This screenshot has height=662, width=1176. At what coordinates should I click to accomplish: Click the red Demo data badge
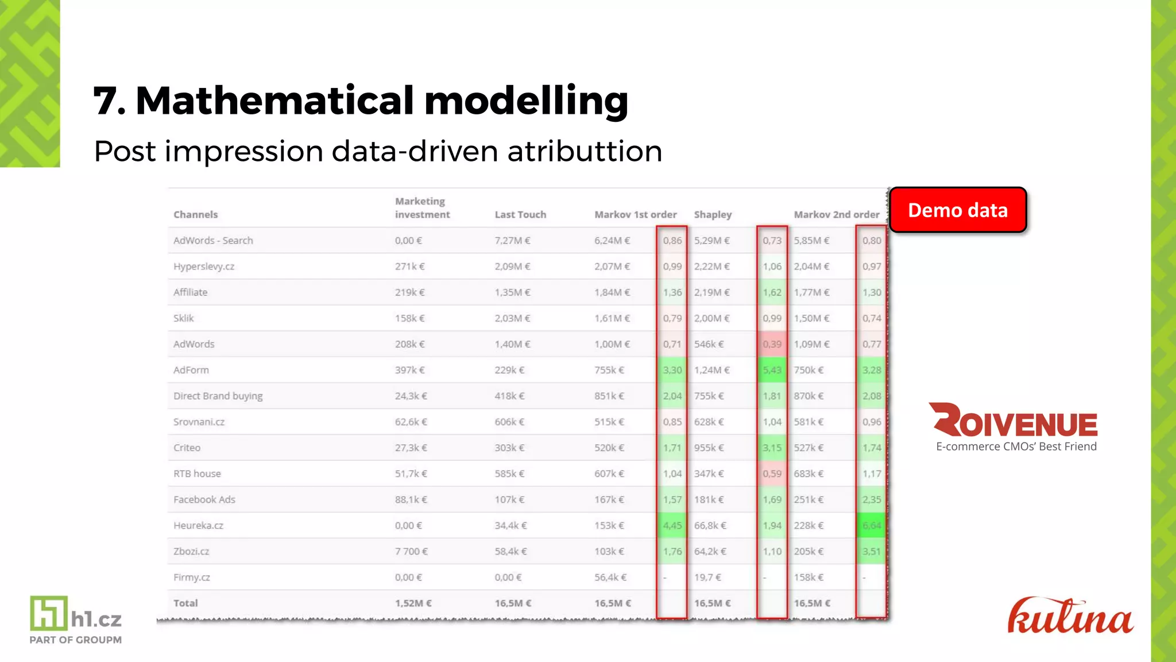click(958, 210)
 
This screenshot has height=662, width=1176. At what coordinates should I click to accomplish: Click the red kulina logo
click(1070, 617)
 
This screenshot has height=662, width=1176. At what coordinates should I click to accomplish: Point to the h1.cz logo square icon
click(49, 613)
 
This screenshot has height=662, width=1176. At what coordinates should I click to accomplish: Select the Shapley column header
click(713, 214)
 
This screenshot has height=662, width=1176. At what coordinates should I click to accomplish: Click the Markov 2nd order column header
click(836, 214)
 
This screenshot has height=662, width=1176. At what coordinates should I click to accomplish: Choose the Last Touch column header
click(520, 214)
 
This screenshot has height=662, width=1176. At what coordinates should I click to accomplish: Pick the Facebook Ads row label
click(204, 499)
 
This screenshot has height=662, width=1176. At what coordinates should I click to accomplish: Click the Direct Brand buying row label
click(218, 396)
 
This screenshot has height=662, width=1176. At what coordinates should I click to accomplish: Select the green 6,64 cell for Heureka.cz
click(871, 525)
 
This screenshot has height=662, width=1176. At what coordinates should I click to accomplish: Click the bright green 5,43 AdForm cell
click(772, 370)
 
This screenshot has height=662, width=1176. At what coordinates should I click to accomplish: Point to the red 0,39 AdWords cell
click(772, 344)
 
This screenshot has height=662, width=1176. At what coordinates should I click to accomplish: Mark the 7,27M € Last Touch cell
click(512, 240)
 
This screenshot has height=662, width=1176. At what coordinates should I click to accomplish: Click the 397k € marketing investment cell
click(409, 370)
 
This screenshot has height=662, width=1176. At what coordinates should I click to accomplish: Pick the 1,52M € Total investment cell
click(413, 603)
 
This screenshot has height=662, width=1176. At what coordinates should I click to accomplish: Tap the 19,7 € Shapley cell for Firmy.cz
click(707, 577)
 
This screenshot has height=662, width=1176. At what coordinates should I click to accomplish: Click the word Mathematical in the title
click(274, 101)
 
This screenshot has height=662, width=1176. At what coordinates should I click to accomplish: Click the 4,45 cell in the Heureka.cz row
click(672, 525)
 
